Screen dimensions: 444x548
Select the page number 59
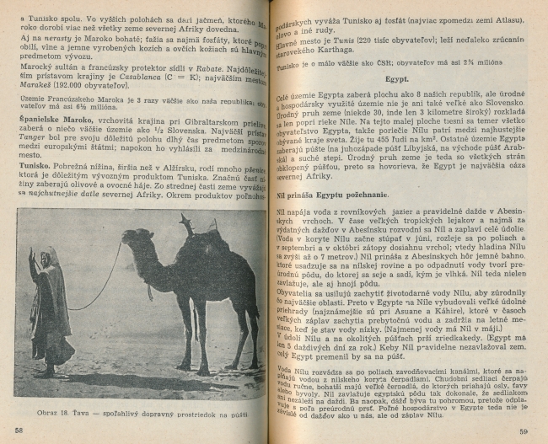point(524,431)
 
